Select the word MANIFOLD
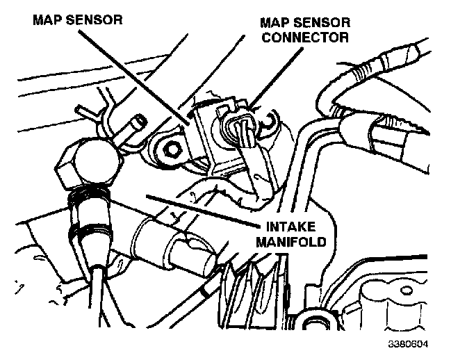288,245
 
